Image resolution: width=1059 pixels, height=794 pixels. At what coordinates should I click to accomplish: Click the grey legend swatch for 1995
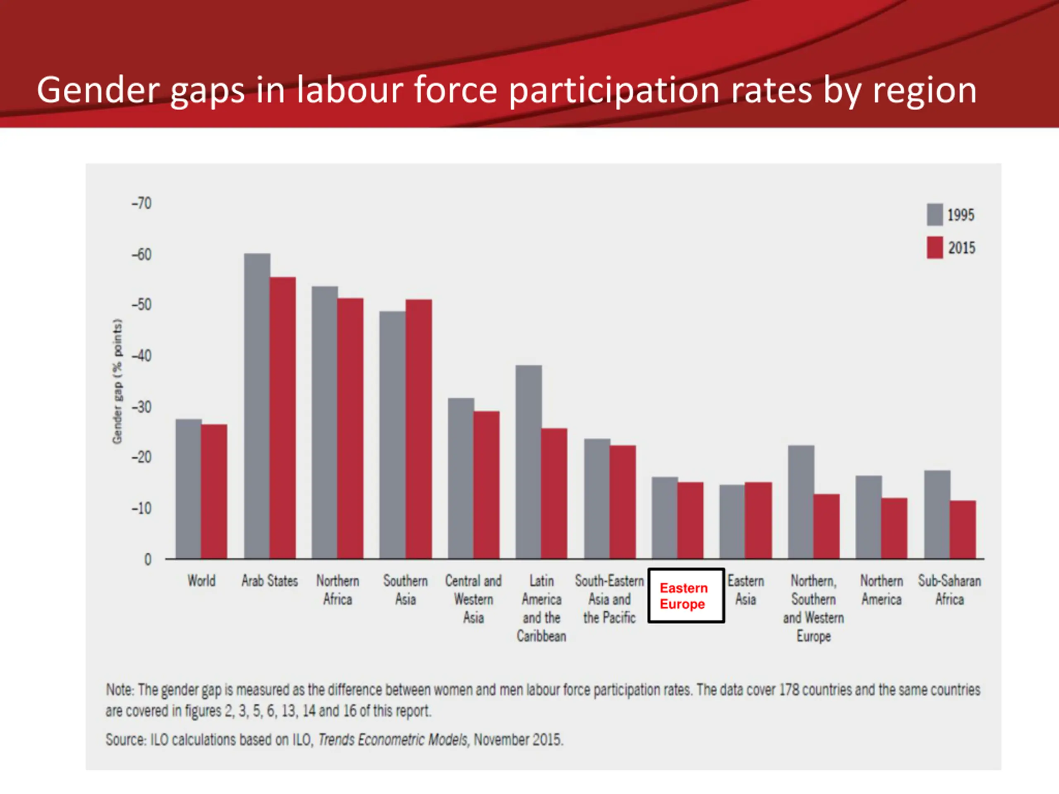click(x=934, y=214)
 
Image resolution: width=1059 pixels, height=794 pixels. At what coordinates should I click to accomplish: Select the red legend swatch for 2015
click(x=934, y=247)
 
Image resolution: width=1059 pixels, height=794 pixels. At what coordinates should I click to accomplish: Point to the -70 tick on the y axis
click(x=142, y=203)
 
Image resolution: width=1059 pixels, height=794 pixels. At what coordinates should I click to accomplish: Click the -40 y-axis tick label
click(x=142, y=356)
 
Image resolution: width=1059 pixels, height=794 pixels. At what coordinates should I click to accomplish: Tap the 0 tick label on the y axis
click(x=148, y=560)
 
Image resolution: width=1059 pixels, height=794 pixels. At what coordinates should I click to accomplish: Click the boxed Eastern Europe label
click(x=685, y=595)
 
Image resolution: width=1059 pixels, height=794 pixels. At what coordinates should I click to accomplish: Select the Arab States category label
click(x=270, y=581)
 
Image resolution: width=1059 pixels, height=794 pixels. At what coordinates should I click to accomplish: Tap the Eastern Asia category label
click(x=745, y=590)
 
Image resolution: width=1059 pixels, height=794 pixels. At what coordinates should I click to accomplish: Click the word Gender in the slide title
click(x=98, y=90)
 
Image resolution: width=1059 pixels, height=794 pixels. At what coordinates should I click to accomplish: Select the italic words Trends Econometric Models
click(x=393, y=740)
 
